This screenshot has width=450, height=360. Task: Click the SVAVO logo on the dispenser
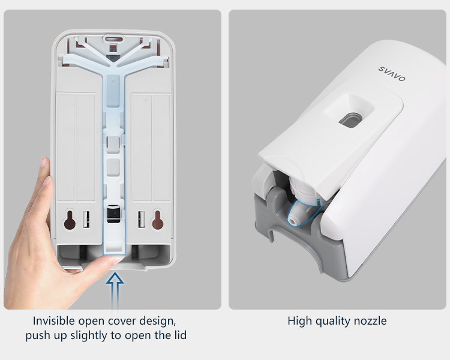pyautogui.click(x=392, y=74)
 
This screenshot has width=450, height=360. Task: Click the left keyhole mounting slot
pyautogui.click(x=70, y=220)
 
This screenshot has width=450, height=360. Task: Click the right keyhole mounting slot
pyautogui.click(x=158, y=220)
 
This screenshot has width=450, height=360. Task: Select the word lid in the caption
pyautogui.click(x=180, y=335)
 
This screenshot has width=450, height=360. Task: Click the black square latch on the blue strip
pyautogui.click(x=113, y=214)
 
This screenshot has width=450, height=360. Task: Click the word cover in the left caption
pyautogui.click(x=122, y=321)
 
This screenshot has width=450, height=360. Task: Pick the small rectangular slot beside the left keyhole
pyautogui.click(x=86, y=220)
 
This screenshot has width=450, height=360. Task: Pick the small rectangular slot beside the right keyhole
pyautogui.click(x=142, y=220)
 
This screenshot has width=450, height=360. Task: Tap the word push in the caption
pyautogui.click(x=37, y=335)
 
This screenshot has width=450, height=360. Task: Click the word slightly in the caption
pyautogui.click(x=91, y=335)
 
